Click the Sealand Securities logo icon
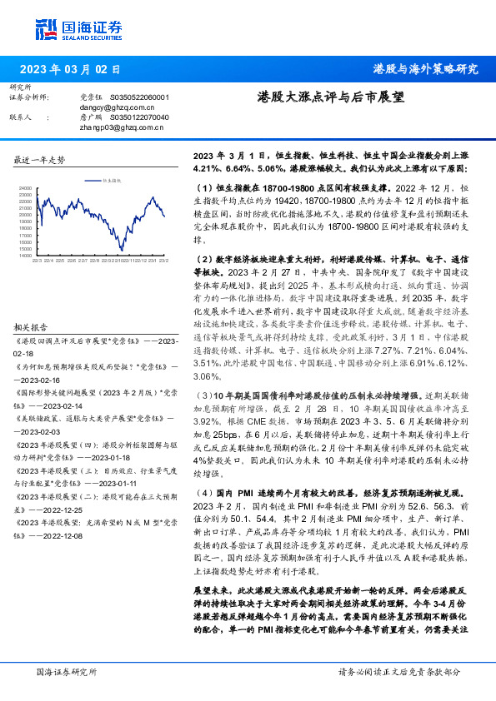pyautogui.click(x=46, y=29)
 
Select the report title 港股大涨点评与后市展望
pyautogui.click(x=330, y=97)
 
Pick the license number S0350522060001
pyautogui.click(x=140, y=97)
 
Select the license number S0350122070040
pyautogui.click(x=140, y=117)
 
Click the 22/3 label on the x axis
pyautogui.click(x=37, y=261)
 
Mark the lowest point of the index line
pyautogui.click(x=122, y=249)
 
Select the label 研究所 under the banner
pyautogui.click(x=20, y=87)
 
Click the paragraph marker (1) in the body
pyautogui.click(x=200, y=189)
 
